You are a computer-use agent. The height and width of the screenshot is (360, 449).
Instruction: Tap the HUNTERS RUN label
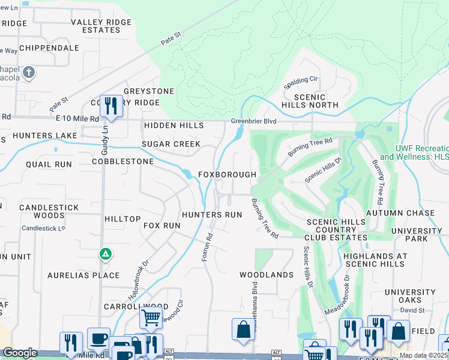212,215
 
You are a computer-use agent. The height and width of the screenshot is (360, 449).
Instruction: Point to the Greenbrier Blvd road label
254,121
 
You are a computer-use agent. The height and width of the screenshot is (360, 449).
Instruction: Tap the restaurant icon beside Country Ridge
111,106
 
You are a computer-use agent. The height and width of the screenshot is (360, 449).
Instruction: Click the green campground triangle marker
106,254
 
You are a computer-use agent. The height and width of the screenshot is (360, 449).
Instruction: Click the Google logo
20,353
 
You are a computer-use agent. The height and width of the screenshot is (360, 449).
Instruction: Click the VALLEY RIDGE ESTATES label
95,26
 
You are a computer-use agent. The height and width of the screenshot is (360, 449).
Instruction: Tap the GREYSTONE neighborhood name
149,91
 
